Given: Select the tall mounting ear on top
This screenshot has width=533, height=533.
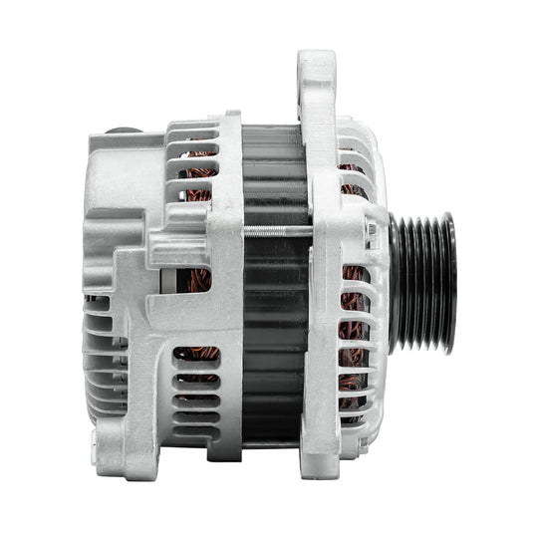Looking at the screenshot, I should click(x=316, y=80).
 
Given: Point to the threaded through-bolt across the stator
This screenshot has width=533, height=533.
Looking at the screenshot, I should click(x=274, y=231).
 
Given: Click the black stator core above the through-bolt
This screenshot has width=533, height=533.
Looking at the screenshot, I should click(x=274, y=179).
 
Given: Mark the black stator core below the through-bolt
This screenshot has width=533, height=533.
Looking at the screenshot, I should click(x=274, y=339).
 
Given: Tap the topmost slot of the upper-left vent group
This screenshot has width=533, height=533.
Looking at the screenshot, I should click(x=199, y=131).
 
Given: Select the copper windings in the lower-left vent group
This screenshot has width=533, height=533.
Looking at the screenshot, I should click(x=199, y=354).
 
